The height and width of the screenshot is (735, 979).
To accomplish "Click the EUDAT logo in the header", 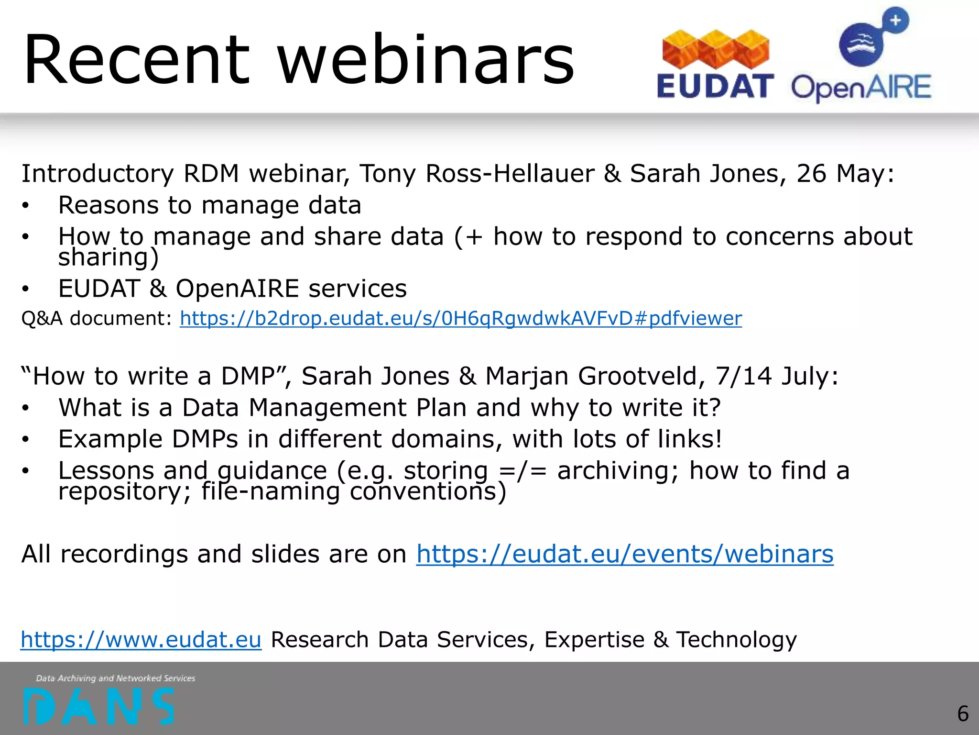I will coord(715,65).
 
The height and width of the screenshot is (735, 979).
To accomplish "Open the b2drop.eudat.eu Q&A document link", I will coord(461,319).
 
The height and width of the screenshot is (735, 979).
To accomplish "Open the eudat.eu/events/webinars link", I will coord(625,554).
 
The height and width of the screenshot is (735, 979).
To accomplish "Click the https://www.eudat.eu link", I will coord(141,640).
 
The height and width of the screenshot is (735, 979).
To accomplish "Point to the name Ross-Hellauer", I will coord(510,173).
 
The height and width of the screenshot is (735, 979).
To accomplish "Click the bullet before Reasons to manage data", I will coord(25,206).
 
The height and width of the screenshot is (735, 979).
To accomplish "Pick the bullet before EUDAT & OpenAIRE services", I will coord(25,289).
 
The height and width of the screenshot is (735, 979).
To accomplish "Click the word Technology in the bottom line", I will coord(736,640).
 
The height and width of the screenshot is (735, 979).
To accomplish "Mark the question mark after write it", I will coord(714,408).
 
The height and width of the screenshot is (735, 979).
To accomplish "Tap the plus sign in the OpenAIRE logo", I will coord(895,21).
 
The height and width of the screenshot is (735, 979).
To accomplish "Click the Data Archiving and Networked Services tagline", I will coord(116,678).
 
